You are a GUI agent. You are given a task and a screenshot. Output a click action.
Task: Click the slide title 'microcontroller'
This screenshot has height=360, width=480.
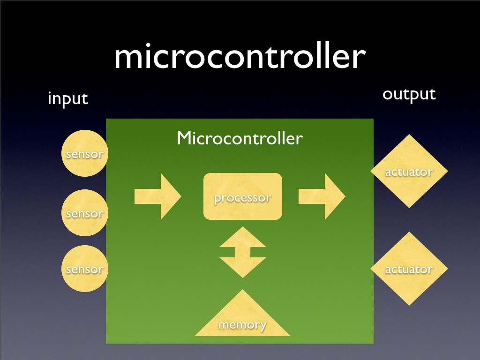click(x=239, y=57)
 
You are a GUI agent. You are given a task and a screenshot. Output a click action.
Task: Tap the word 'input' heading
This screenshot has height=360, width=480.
click(x=68, y=99)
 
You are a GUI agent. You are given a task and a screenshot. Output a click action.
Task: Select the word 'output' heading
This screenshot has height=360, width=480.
click(x=409, y=94)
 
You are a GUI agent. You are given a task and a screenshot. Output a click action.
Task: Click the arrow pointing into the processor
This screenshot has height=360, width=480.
click(x=157, y=196)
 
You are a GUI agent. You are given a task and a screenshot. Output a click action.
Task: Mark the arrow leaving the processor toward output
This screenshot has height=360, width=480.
click(x=322, y=196)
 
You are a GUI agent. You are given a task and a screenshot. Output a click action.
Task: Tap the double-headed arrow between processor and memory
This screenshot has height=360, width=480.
click(x=243, y=252)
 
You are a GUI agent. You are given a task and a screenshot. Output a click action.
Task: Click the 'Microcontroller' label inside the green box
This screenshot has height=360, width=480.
click(x=240, y=138)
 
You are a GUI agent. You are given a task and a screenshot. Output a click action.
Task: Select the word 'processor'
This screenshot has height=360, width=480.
click(x=243, y=198)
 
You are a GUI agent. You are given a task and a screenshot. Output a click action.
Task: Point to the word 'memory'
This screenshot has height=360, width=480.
click(x=243, y=324)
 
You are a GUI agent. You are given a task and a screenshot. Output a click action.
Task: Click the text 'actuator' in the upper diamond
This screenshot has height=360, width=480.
click(x=409, y=172)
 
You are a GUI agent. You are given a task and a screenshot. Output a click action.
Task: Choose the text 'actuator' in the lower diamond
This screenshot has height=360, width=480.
click(x=409, y=270)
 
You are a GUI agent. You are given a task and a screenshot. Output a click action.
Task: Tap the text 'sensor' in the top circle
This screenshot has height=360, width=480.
click(x=85, y=154)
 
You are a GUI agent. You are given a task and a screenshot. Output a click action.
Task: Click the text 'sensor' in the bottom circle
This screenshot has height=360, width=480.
click(x=85, y=270)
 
